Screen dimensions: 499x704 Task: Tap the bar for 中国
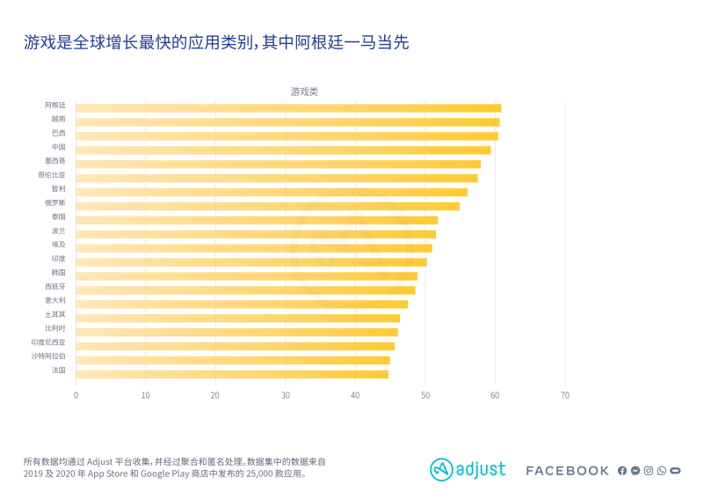(283, 150)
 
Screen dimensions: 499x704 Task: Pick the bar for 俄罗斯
(267, 206)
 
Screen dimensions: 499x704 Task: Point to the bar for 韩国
(246, 276)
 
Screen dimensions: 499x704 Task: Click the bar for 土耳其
(237, 318)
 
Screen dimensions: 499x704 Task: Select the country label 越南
(58, 119)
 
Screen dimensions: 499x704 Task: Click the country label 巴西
(58, 133)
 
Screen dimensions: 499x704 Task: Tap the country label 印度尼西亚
(48, 342)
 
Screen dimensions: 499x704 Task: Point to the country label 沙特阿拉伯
(48, 356)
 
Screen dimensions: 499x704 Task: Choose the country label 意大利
(55, 300)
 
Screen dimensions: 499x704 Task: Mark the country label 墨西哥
(55, 161)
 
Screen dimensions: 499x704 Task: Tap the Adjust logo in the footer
(468, 470)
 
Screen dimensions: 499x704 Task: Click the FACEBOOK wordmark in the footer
(567, 471)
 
